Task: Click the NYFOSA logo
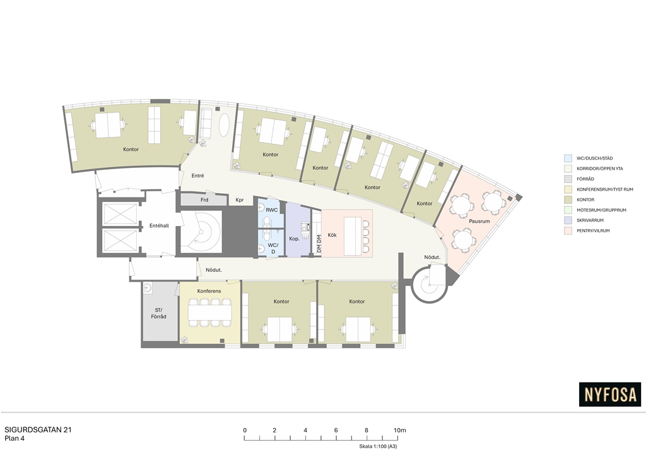(610, 395)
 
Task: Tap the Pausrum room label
(479, 222)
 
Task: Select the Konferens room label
(209, 291)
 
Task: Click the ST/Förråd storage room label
(158, 313)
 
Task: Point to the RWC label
(271, 210)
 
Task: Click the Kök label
(332, 235)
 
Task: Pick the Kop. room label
(294, 239)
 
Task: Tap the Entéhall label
(159, 226)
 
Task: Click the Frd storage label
(204, 200)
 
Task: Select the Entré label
(197, 175)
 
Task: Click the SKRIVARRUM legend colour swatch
(568, 220)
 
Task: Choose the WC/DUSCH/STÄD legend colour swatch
(568, 158)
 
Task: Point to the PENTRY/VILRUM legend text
(593, 231)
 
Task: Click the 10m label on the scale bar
(399, 430)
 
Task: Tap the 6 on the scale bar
(336, 430)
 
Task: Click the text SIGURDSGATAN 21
(38, 430)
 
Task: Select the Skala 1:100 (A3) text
(378, 446)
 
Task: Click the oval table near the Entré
(225, 124)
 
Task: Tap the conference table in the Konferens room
(209, 311)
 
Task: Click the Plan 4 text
(15, 439)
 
